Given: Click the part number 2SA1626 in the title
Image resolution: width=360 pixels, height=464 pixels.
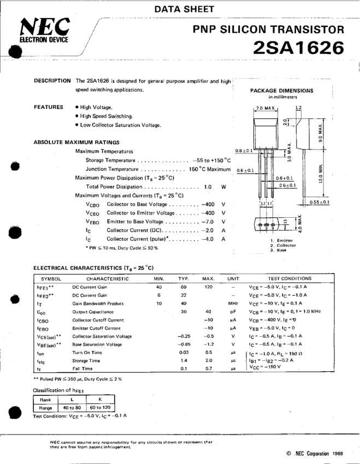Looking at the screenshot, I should click(x=298, y=48).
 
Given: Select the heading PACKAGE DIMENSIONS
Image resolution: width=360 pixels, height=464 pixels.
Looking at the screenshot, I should click(x=282, y=91).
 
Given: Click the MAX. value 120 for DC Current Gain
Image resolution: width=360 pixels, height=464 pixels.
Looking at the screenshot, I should click(x=208, y=287).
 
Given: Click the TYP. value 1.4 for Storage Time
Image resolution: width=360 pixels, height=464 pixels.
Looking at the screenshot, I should click(x=184, y=361).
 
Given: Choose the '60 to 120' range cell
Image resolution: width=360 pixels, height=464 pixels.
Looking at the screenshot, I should click(x=99, y=407).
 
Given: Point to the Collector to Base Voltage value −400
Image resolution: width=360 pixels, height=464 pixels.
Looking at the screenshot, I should click(x=207, y=204).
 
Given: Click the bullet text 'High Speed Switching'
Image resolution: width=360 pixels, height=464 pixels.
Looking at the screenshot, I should click(x=107, y=116).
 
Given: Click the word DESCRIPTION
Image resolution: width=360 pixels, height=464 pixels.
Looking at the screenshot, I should click(x=52, y=81).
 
